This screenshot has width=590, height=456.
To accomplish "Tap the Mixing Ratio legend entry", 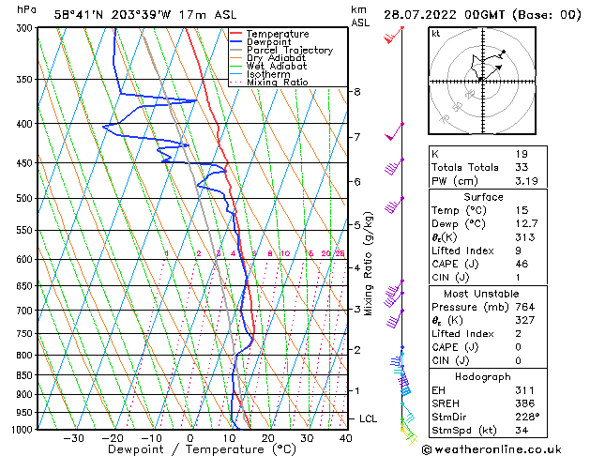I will point(278,83).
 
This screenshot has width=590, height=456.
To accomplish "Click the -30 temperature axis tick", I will point(73,438).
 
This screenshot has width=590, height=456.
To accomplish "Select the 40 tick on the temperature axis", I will point(346,438).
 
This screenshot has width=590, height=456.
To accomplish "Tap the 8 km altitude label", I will point(357,92).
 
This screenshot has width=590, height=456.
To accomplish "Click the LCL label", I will point(369,418).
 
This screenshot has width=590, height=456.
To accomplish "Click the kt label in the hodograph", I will point(435,34).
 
